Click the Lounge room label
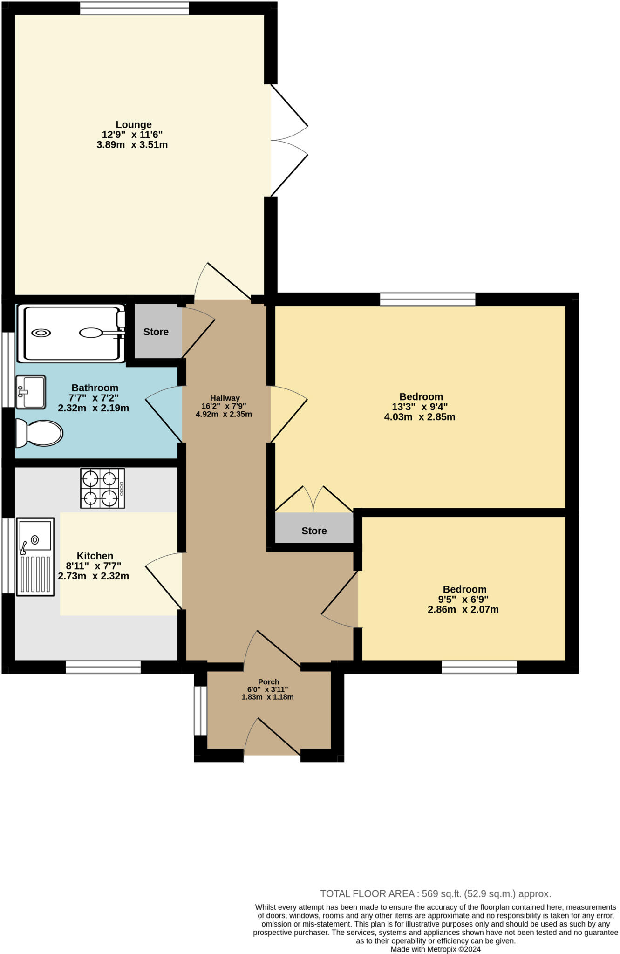click(x=134, y=125)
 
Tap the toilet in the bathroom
click(x=39, y=433)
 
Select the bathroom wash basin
click(x=31, y=392)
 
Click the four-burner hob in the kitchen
click(x=102, y=488)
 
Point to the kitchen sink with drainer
click(x=35, y=556)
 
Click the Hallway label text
click(x=225, y=398)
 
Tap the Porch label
click(x=268, y=682)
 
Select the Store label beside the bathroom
click(x=156, y=332)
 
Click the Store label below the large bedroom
click(x=314, y=531)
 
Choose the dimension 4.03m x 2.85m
click(x=419, y=417)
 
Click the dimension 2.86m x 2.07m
click(x=463, y=610)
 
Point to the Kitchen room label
click(x=95, y=556)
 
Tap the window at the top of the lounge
click(x=135, y=8)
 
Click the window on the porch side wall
click(x=200, y=710)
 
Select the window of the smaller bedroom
click(x=479, y=667)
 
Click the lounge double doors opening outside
click(x=289, y=140)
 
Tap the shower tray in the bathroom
click(x=71, y=333)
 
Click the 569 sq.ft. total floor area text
click(x=435, y=894)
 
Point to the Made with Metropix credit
click(x=435, y=949)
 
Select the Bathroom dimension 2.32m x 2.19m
click(x=93, y=409)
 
